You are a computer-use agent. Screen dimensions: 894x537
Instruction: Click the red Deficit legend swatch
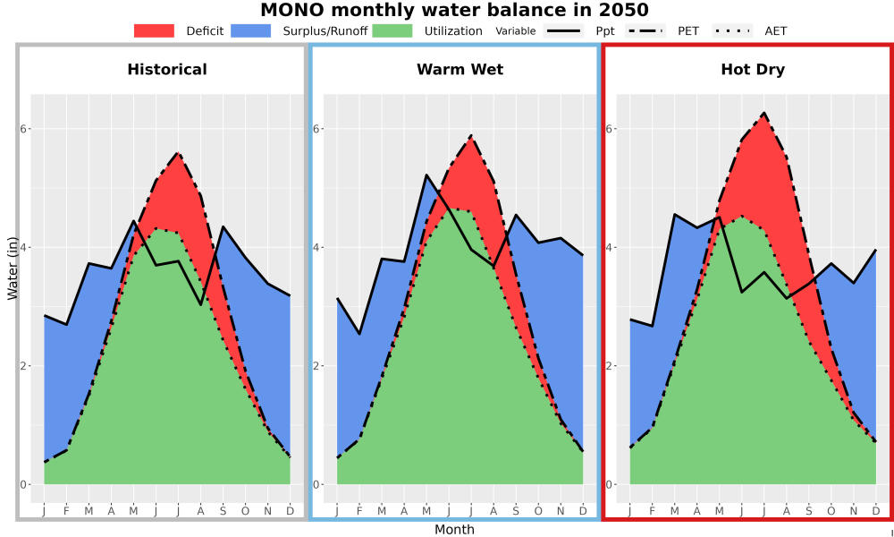(x=154, y=30)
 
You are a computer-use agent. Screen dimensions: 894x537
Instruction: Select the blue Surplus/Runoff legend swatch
(x=251, y=30)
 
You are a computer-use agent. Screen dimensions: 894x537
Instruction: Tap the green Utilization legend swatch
(x=392, y=30)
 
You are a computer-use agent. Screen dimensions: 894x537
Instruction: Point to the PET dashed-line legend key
(x=645, y=30)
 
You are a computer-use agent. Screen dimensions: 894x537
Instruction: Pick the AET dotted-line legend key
(x=733, y=30)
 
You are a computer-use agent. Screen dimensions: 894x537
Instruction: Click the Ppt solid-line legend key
(x=563, y=30)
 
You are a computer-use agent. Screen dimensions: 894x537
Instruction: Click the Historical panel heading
(x=167, y=70)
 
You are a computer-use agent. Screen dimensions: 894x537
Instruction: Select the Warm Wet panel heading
(x=460, y=70)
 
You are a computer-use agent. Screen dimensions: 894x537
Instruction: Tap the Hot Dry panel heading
(x=753, y=70)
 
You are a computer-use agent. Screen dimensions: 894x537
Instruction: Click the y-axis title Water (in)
(x=12, y=268)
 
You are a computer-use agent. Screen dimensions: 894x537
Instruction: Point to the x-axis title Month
(x=454, y=530)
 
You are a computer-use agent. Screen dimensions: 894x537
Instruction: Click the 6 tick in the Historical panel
(x=24, y=129)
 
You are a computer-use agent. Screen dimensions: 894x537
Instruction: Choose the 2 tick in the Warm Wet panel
(x=316, y=366)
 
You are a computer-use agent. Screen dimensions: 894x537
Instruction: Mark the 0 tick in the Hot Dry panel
(x=609, y=485)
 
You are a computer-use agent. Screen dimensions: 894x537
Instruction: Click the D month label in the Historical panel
(x=291, y=511)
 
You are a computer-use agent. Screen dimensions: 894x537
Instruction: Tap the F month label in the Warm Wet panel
(x=359, y=511)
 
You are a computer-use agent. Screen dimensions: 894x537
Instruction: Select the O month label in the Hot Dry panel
(x=831, y=511)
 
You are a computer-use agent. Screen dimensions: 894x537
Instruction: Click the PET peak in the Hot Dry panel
(x=764, y=113)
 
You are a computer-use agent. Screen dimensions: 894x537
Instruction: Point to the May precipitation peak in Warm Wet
(x=426, y=175)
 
